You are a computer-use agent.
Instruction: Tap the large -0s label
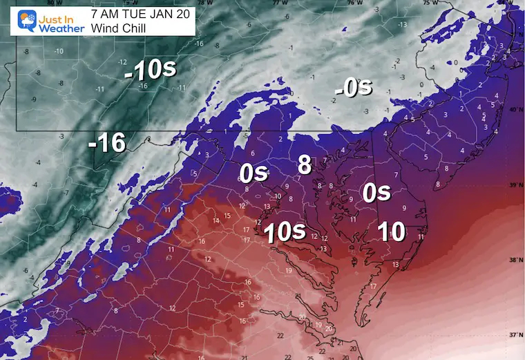click(x=353, y=88)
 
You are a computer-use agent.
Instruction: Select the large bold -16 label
click(x=107, y=144)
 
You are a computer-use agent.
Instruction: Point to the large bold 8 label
click(x=305, y=164)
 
